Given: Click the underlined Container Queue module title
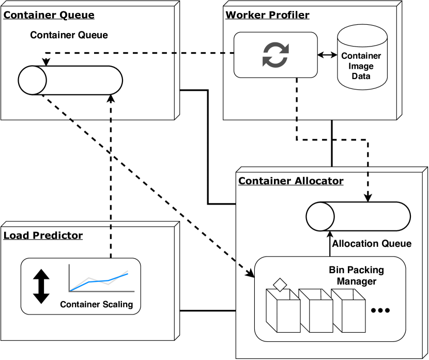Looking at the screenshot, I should click(49, 15).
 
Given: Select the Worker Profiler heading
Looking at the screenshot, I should click(267, 15).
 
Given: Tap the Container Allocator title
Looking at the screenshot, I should click(290, 181).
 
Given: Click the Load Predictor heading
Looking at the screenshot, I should click(43, 236).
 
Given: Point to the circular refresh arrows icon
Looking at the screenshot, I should click(275, 54).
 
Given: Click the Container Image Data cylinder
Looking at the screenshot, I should click(362, 57).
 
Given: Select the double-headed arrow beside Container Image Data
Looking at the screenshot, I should click(327, 54).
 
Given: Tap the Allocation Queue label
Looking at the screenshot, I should click(372, 244).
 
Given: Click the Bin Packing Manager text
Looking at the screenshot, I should click(357, 275).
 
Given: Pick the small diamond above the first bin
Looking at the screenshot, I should click(280, 284).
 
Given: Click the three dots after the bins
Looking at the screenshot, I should click(380, 310).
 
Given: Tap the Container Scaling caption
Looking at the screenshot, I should click(97, 304).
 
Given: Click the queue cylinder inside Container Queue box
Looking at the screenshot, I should click(70, 80).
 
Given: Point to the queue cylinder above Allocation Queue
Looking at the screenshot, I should click(358, 216).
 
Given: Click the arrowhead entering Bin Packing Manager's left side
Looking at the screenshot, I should click(252, 275).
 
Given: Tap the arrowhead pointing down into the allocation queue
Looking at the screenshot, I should click(368, 198).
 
